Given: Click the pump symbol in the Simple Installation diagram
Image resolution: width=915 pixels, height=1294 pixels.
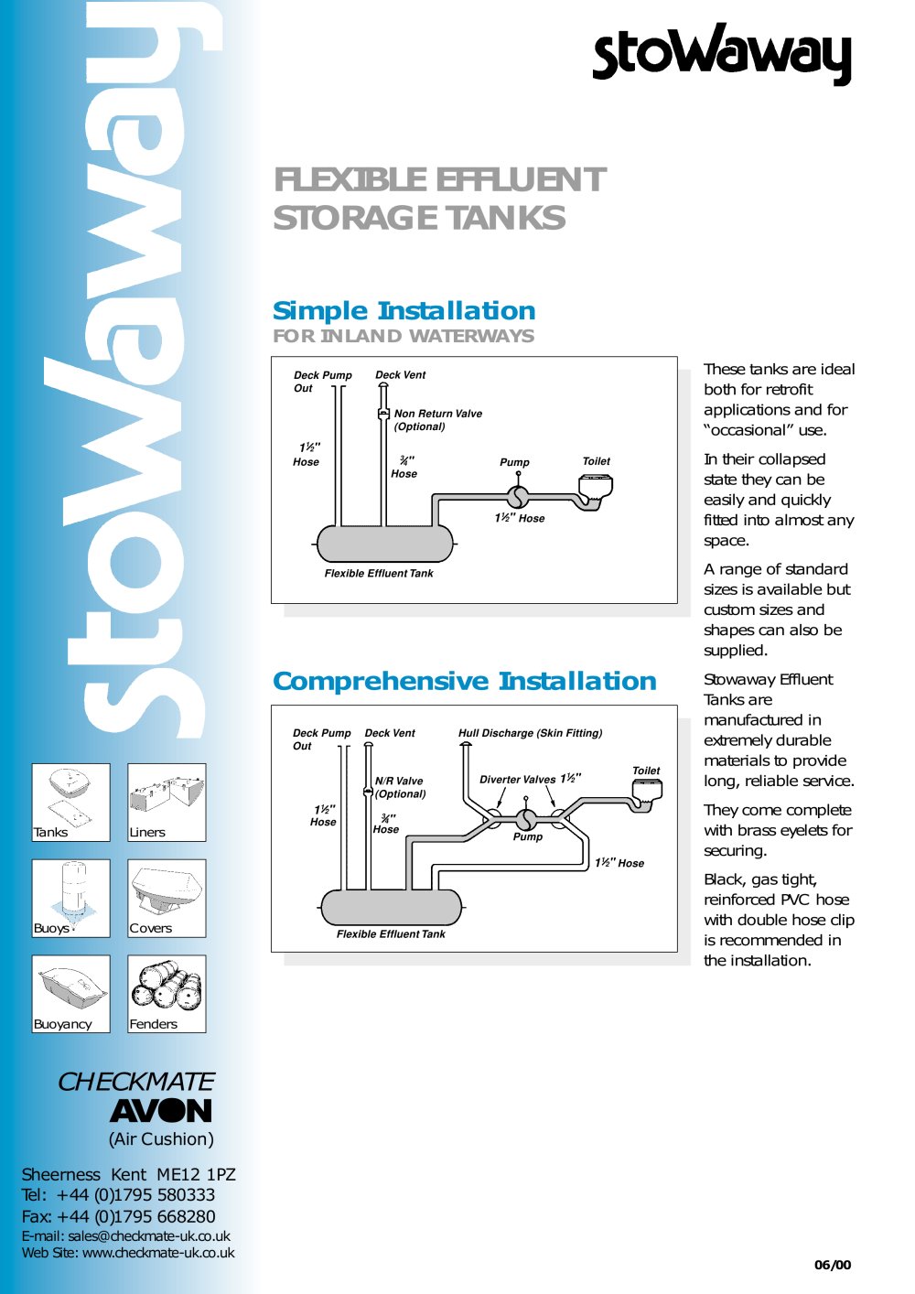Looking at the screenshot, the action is pyautogui.click(x=518, y=496).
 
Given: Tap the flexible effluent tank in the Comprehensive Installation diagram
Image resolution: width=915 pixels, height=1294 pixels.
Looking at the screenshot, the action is pyautogui.click(x=391, y=908).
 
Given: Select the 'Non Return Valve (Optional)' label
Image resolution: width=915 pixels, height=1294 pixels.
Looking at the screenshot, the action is pyautogui.click(x=437, y=420).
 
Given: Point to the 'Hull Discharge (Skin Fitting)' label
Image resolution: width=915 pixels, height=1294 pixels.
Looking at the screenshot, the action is pyautogui.click(x=530, y=733).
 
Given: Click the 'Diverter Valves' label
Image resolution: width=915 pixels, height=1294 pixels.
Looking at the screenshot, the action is pyautogui.click(x=517, y=780).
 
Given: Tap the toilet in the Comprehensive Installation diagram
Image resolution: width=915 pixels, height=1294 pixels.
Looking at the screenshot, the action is pyautogui.click(x=647, y=793).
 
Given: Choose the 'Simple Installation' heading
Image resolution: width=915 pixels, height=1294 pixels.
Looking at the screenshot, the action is pyautogui.click(x=404, y=311).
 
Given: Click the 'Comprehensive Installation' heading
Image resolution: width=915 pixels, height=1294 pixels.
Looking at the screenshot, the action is pyautogui.click(x=465, y=681).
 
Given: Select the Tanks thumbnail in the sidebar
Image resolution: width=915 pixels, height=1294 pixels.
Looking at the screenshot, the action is pyautogui.click(x=71, y=803).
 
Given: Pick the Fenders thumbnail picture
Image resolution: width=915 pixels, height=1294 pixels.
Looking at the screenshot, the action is pyautogui.click(x=167, y=994).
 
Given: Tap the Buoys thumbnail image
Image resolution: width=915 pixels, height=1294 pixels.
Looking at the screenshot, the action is pyautogui.click(x=71, y=899).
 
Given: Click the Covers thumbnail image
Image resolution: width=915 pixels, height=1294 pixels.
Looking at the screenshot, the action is pyautogui.click(x=167, y=899).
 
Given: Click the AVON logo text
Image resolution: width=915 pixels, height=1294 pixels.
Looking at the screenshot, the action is pyautogui.click(x=161, y=1110).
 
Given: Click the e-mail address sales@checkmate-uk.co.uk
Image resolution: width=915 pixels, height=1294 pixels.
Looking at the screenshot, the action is pyautogui.click(x=149, y=1236).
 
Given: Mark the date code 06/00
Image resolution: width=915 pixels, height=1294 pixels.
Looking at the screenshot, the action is pyautogui.click(x=833, y=1265).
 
